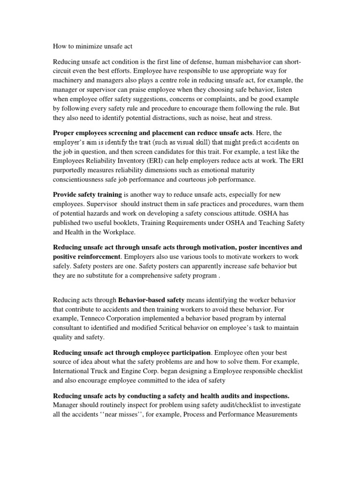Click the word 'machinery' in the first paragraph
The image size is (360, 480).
click(69, 80)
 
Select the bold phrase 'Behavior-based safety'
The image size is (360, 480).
click(152, 300)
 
